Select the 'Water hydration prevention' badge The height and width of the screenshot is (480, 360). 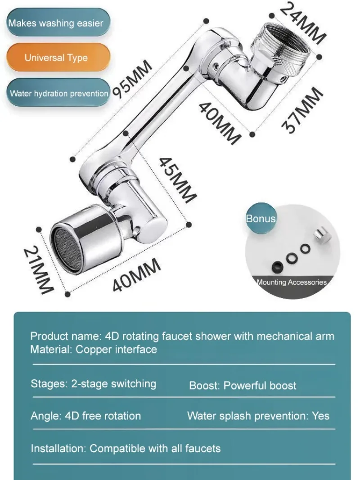pyautogui.click(x=58, y=94)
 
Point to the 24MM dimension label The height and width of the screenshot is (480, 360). pyautogui.click(x=302, y=22)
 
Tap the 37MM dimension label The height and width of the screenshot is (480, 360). pyautogui.click(x=302, y=111)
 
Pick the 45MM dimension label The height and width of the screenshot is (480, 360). pyautogui.click(x=178, y=179)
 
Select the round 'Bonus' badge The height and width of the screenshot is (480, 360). pyautogui.click(x=261, y=219)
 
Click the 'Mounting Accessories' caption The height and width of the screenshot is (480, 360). pyautogui.click(x=292, y=283)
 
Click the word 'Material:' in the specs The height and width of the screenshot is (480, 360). pyautogui.click(x=51, y=349)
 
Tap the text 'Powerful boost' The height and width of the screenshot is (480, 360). pyautogui.click(x=260, y=386)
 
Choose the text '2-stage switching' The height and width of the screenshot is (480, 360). pyautogui.click(x=114, y=384)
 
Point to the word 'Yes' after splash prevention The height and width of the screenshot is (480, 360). pyautogui.click(x=321, y=416)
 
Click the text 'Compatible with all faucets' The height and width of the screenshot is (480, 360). pyautogui.click(x=155, y=448)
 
